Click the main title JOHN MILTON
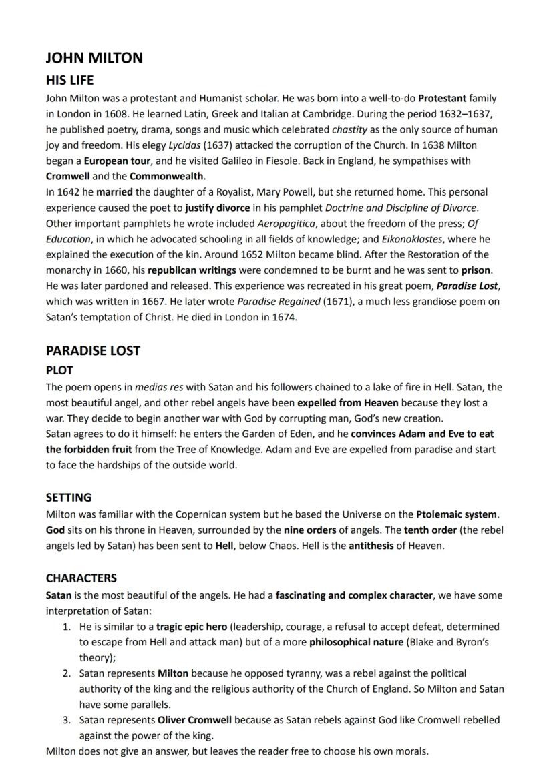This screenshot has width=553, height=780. [x=94, y=58]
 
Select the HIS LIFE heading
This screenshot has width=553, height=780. [x=69, y=80]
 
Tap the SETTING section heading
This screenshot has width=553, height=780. [x=69, y=498]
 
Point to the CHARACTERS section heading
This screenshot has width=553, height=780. [x=81, y=578]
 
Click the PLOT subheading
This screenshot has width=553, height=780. [x=59, y=370]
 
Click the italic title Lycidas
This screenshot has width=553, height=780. [x=185, y=145]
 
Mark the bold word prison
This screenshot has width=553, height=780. [x=476, y=271]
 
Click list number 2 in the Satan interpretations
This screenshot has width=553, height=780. [x=67, y=673]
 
